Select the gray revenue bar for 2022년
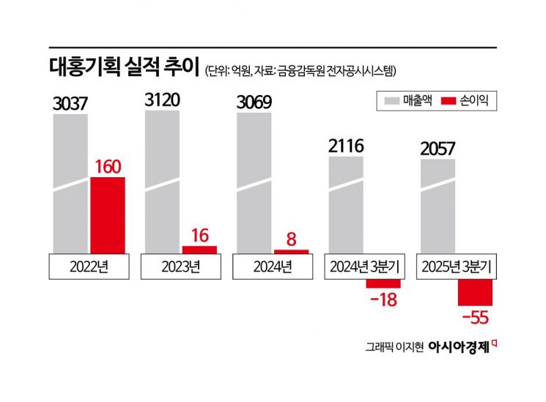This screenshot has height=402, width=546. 70,183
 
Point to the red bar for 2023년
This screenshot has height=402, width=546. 199,250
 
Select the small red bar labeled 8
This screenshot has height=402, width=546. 291,251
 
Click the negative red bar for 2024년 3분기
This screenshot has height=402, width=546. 383,283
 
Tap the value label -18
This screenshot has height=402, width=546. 383,299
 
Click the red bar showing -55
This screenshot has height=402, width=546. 475,292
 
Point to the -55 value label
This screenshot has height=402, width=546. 475,317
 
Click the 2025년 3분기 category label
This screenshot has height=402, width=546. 457,267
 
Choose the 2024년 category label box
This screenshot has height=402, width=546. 272,267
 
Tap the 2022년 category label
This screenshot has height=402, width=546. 89,267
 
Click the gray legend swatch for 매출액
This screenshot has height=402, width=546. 389,100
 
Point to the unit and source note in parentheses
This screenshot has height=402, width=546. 300,70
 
